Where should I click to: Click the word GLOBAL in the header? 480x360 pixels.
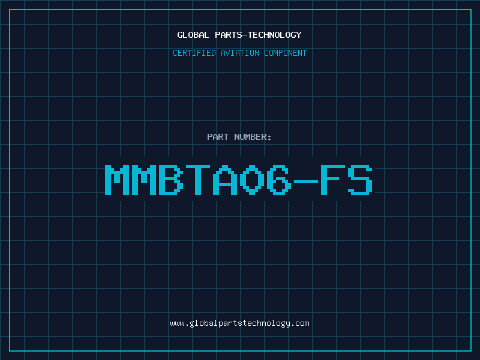coord(193,35)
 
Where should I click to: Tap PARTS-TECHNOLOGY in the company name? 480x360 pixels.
coord(258,35)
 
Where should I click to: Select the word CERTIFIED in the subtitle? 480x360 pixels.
coord(194,53)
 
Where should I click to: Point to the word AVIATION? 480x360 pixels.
coord(240,53)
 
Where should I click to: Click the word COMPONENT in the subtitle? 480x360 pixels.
coord(286,53)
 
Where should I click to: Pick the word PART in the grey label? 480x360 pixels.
coord(218,137)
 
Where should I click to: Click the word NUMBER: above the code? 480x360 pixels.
coord(253,137)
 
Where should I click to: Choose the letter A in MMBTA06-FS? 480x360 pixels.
coord(224,179)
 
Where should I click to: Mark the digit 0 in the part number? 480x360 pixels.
coord(251,179)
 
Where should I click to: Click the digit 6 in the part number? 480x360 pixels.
coord(278,179)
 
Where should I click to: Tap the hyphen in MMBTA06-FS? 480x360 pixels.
coord(305,181)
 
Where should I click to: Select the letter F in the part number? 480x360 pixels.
coord(332,179)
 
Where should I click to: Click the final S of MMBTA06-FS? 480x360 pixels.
coord(360,179)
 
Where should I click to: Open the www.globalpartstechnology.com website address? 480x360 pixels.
coord(239,323)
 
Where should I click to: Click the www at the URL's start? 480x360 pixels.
coord(178,324)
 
